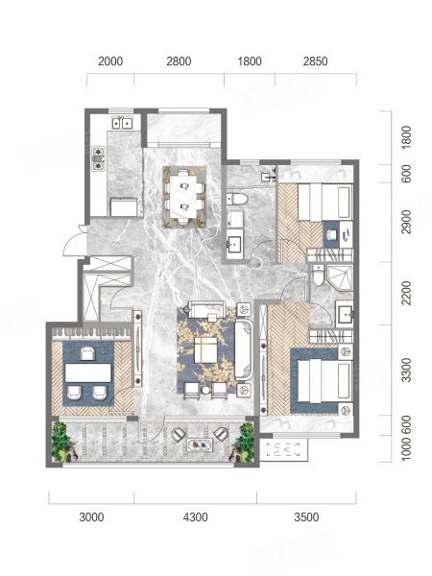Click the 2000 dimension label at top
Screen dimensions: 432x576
coord(110,61)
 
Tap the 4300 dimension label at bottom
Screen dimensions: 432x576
coord(196,517)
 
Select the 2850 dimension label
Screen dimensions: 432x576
coord(315,61)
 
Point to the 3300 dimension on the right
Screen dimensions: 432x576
coord(406,371)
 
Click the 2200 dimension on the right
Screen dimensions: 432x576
coord(406,293)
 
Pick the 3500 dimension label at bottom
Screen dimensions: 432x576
coord(306,517)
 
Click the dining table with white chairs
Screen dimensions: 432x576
coord(184,197)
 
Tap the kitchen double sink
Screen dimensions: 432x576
coord(122,122)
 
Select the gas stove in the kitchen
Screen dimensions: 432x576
coord(98,158)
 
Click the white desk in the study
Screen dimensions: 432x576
coord(88,372)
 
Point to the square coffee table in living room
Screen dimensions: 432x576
coord(205,349)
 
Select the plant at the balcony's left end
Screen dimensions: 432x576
coord(61,442)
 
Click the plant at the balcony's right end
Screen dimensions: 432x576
coord(243,442)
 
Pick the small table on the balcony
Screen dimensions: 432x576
coord(201,444)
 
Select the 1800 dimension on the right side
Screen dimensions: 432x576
coord(406,137)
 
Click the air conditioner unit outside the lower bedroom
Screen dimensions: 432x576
coord(284,449)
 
